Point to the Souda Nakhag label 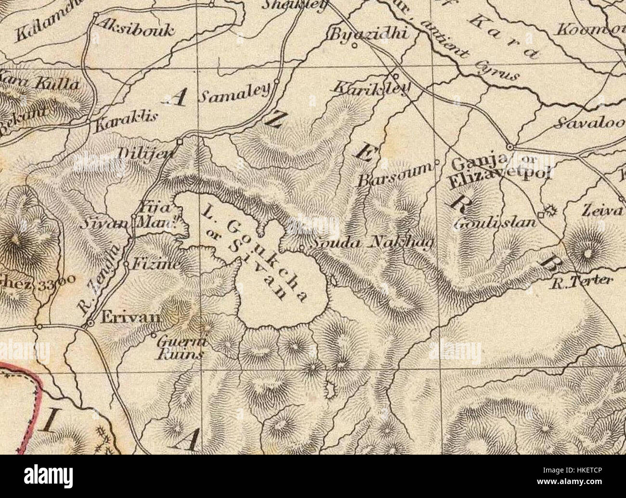[x=371, y=243]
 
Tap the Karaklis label [x=123, y=123]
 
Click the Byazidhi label [x=369, y=34]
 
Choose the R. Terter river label [x=581, y=281]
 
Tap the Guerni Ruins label [x=179, y=348]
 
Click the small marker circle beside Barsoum [x=437, y=162]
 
